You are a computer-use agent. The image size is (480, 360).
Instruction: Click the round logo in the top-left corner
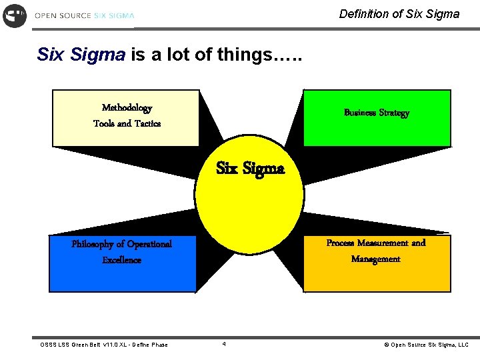pyautogui.click(x=15, y=15)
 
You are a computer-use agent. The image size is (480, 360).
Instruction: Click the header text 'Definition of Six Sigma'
pyautogui.click(x=399, y=13)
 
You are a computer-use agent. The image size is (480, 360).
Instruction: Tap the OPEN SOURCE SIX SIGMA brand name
pyautogui.click(x=85, y=15)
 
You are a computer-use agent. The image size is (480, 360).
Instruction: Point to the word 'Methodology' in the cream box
pyautogui.click(x=127, y=107)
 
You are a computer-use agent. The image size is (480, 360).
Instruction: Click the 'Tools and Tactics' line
pyautogui.click(x=127, y=123)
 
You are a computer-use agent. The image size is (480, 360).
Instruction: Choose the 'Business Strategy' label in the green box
pyautogui.click(x=376, y=113)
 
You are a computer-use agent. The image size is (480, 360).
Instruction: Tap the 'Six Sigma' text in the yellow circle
pyautogui.click(x=250, y=168)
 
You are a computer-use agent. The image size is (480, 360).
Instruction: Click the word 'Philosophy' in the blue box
pyautogui.click(x=93, y=244)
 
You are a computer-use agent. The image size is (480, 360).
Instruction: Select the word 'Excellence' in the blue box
pyautogui.click(x=121, y=260)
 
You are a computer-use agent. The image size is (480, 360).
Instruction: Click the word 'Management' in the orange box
pyautogui.click(x=375, y=259)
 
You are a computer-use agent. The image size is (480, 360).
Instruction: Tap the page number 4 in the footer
pyautogui.click(x=224, y=344)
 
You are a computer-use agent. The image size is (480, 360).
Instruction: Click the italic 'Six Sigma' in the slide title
pyautogui.click(x=81, y=55)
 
